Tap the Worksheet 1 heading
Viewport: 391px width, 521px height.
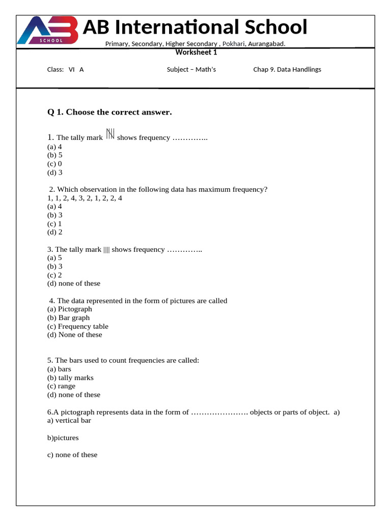197,52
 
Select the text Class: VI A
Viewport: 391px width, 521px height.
65,70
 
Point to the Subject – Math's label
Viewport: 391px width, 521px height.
191,70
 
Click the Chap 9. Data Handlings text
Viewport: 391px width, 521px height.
287,70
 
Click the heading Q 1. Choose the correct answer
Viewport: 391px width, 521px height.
109,112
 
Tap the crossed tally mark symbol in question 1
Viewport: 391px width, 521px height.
110,134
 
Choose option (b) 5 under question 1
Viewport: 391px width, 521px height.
55,155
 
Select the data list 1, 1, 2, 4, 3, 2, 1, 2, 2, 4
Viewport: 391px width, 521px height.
85,198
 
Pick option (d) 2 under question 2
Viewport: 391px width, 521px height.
55,232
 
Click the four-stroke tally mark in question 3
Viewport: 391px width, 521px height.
106,249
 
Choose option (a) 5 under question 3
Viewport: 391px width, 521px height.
55,257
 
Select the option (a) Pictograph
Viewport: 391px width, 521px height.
70,309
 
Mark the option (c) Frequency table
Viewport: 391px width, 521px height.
78,326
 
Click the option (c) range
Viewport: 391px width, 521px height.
61,386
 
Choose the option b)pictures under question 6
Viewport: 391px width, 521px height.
63,438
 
